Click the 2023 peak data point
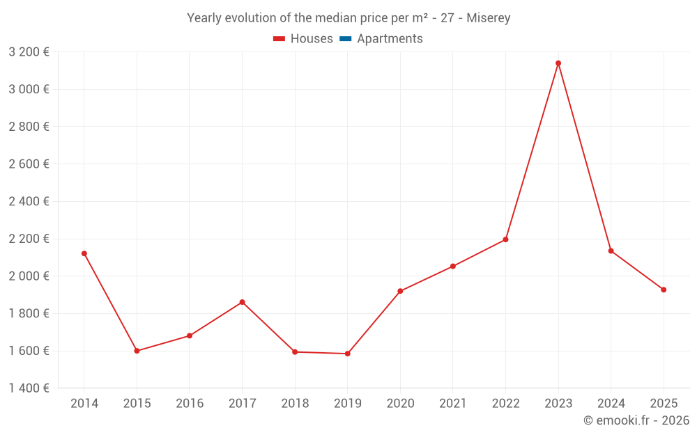[558, 63]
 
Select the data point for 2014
[84, 253]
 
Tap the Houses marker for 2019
[348, 354]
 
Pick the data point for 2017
[242, 302]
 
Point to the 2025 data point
[664, 290]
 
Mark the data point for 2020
[400, 291]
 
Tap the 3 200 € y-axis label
[29, 52]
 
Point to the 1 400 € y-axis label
[29, 388]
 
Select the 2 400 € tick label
[29, 201]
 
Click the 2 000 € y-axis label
[29, 276]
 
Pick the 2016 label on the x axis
[190, 404]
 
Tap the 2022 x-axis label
[505, 404]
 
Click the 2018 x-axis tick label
[295, 404]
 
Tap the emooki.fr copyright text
[636, 420]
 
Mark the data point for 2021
[453, 267]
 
